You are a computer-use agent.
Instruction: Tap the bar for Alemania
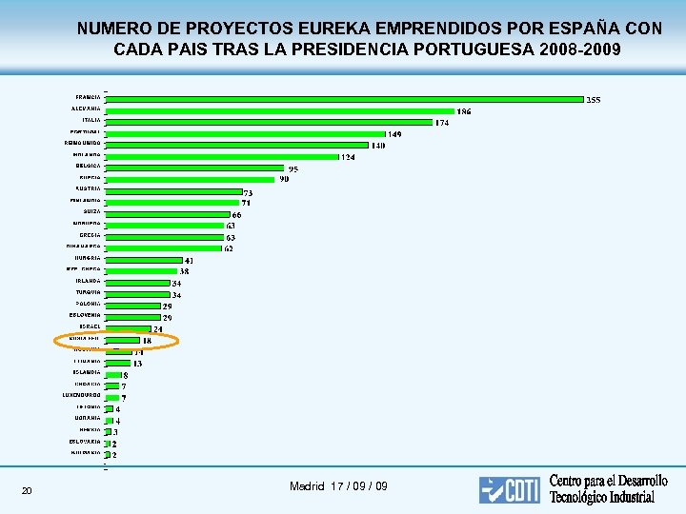coord(281,109)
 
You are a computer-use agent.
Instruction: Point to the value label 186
coord(463,111)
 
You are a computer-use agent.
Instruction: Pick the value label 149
coord(393,134)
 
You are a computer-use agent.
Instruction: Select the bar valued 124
coord(222,156)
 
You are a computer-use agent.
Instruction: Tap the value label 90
coord(284,179)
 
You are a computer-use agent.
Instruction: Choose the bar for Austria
coord(174,189)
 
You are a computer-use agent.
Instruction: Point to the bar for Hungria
coord(143,259)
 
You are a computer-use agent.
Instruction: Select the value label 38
coord(185,271)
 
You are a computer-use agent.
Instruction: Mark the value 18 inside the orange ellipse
coord(147,341)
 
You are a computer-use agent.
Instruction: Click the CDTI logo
coord(510,489)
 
